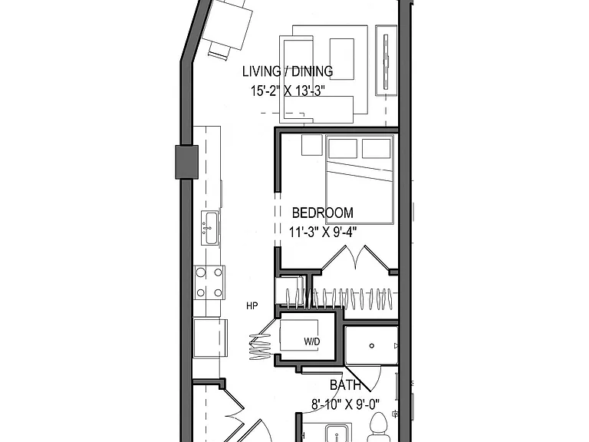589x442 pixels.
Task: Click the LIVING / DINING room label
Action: click(288, 71)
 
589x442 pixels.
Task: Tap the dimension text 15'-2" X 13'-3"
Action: click(288, 91)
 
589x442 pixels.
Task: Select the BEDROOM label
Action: click(323, 213)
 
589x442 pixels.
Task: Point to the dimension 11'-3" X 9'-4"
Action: click(323, 232)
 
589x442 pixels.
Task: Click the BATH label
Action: click(346, 385)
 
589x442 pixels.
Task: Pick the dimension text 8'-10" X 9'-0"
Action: click(346, 404)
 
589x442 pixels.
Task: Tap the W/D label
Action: click(312, 341)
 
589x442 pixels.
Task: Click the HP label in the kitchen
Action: click(252, 306)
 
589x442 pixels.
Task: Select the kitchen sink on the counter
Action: click(209, 228)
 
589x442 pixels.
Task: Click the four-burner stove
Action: click(209, 282)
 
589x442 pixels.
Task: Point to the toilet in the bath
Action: click(379, 427)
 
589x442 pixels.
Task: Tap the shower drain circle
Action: click(372, 346)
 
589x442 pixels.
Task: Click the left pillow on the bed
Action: click(343, 148)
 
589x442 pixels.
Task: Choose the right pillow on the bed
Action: click(376, 148)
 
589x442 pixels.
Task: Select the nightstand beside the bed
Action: click(312, 145)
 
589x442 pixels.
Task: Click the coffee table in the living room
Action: click(342, 59)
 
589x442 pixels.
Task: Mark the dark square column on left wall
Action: click(186, 162)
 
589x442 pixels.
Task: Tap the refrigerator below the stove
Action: click(210, 338)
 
